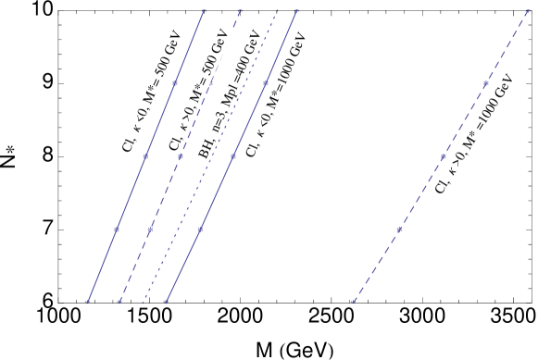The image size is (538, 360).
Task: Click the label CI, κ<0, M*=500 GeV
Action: click(x=152, y=90)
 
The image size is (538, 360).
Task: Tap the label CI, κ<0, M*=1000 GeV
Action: click(x=276, y=94)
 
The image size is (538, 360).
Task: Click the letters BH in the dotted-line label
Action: click(x=206, y=147)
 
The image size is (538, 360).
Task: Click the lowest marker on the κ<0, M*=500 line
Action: click(x=88, y=301)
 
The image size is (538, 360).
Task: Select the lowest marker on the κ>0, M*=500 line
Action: click(x=119, y=301)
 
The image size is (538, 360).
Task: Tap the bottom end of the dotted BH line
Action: click(x=144, y=301)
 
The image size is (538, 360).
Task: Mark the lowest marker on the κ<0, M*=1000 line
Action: click(x=165, y=301)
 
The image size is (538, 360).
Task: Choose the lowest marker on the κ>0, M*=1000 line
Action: click(x=353, y=301)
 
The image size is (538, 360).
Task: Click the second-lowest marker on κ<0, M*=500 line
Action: click(x=117, y=229)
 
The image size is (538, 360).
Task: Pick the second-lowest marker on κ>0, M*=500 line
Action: click(x=150, y=229)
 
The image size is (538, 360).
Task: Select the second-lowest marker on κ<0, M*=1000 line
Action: click(x=200, y=229)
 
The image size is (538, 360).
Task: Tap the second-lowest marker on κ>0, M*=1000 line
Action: click(x=399, y=229)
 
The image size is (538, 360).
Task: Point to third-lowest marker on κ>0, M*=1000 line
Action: click(x=443, y=156)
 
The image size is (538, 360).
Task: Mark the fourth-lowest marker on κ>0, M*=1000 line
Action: click(x=485, y=84)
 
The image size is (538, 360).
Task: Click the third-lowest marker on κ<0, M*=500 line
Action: click(x=145, y=156)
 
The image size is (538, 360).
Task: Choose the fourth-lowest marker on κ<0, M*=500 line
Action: click(x=174, y=84)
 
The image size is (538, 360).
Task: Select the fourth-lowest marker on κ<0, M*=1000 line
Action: click(x=266, y=84)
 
